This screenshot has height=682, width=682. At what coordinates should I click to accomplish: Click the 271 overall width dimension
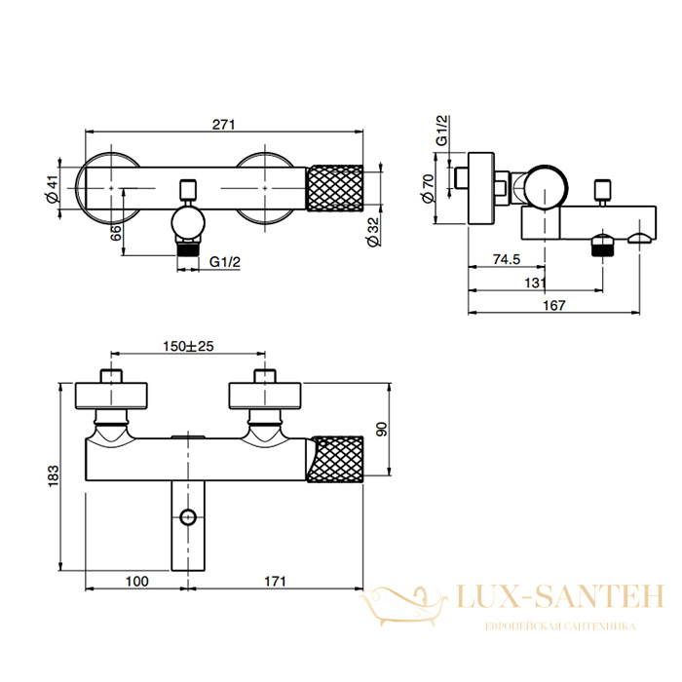coord(223,125)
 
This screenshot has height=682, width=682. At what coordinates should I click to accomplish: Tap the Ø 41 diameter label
coord(52,189)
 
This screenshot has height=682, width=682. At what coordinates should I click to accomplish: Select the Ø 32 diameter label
coord(373,232)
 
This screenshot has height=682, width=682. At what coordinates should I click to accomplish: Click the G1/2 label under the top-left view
coord(225,261)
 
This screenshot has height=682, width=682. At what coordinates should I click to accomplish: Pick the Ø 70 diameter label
coord(428,188)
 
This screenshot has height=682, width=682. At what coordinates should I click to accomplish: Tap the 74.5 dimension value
coord(507,259)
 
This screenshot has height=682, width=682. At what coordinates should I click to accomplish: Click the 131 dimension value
coord(535,283)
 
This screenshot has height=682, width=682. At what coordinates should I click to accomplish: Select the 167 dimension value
coord(554,305)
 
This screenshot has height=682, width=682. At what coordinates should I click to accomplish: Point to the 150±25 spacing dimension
coord(188,346)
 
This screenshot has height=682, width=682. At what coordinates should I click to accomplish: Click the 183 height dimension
coord(53,476)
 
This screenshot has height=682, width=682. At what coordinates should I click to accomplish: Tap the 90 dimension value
coord(382,430)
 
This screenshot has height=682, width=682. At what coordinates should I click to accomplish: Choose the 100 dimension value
coord(137,581)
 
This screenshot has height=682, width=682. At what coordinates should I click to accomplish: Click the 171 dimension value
coord(275,581)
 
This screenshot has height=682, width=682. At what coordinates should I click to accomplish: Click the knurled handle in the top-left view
coord(335,188)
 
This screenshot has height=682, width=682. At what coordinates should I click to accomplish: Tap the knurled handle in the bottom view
coord(335,459)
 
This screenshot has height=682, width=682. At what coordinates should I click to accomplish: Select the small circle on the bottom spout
coord(188,517)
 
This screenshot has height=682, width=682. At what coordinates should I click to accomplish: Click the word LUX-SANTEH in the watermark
coord(560,596)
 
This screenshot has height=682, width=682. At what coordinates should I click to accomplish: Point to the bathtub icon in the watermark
coord(403,605)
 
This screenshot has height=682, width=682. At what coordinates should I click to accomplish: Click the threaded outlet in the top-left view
coord(188,250)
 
